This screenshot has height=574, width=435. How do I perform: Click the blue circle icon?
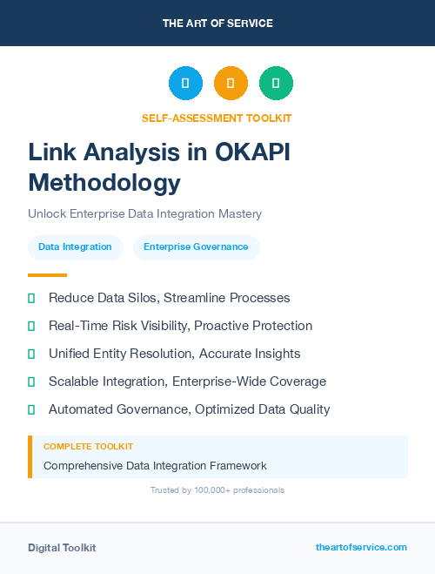click(x=185, y=84)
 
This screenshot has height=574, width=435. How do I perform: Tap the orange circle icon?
click(x=231, y=84)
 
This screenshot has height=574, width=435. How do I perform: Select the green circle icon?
click(x=276, y=84)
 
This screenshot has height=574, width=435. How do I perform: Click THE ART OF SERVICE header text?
click(x=217, y=23)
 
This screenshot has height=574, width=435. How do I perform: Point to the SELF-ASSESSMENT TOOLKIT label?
click(x=217, y=118)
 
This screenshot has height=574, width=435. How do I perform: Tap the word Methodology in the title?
click(x=104, y=183)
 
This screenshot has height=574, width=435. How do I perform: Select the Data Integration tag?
click(x=75, y=246)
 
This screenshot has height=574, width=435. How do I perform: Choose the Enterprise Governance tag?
click(x=196, y=246)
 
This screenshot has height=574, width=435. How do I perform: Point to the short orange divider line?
click(x=47, y=275)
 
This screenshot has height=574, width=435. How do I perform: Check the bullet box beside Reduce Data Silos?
click(x=31, y=298)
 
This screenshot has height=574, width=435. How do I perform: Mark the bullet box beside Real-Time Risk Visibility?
click(x=31, y=326)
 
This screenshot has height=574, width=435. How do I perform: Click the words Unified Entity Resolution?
click(x=121, y=354)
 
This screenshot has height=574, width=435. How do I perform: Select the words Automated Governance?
click(x=113, y=409)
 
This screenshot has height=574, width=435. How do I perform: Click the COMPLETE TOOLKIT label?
click(x=88, y=447)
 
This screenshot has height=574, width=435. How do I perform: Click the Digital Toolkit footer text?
click(x=62, y=548)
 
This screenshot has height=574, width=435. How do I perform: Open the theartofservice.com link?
click(x=361, y=547)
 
